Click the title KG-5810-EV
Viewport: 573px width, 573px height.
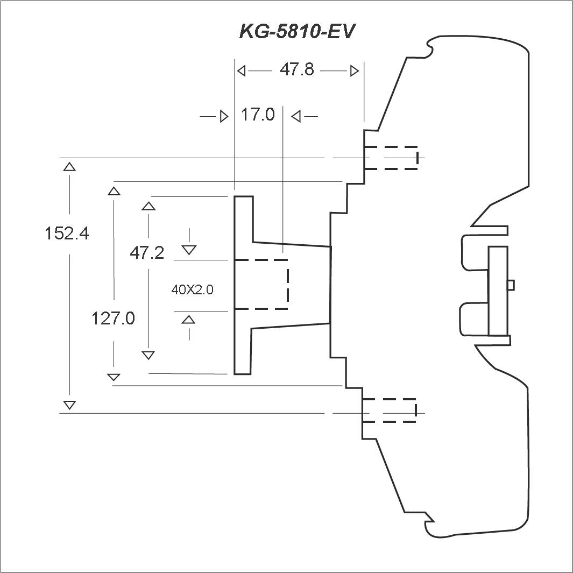297,31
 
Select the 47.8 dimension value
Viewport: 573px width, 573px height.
296,70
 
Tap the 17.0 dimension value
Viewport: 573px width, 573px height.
257,115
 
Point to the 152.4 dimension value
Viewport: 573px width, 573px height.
67,234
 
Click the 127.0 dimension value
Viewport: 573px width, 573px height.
113,319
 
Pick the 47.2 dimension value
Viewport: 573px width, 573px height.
147,252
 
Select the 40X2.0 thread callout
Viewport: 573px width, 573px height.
192,289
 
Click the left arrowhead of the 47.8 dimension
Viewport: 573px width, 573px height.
242,70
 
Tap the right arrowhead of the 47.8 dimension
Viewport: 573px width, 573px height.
354,70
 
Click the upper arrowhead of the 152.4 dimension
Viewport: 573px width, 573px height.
69,166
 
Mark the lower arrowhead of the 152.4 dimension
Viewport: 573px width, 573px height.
69,405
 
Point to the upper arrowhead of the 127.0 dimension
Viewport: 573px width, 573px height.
114,190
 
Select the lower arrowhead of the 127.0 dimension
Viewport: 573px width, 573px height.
114,377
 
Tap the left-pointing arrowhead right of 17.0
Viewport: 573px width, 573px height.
295,116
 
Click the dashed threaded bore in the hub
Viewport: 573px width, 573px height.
261,284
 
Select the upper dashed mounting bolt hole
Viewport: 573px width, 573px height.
391,158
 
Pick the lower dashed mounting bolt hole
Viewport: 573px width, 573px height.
390,411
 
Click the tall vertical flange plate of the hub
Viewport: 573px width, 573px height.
243,285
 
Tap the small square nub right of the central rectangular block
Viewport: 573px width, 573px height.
511,285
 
